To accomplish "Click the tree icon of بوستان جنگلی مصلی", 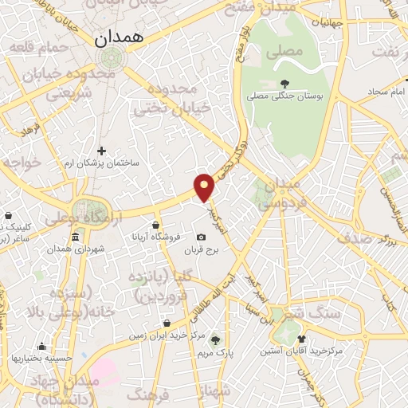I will coord(284,83).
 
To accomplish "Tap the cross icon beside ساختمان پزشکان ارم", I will coord(101,150).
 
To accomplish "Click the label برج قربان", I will coord(202,250).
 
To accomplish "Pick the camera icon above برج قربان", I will coord(201,237).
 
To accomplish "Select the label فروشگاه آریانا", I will coord(157,238).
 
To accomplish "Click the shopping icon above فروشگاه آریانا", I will coord(157,226).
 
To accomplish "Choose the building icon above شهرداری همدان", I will coord(75,237).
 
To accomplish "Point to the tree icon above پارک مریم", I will coord(214,339).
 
